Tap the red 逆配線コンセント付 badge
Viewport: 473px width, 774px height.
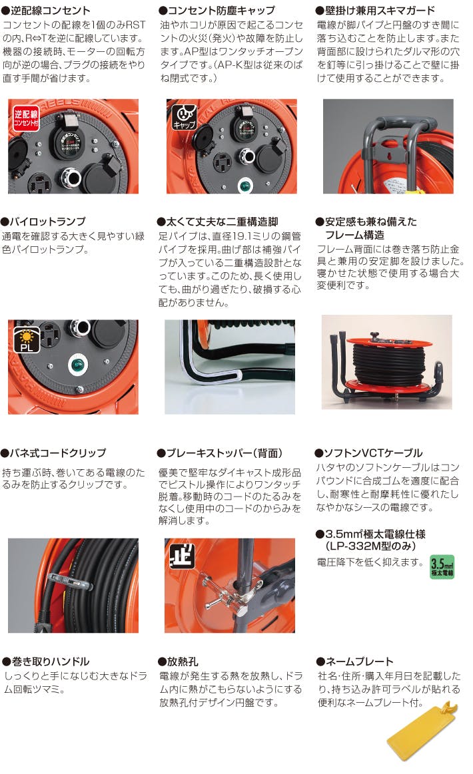coord(26,118)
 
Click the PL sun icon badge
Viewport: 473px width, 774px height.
coord(27,340)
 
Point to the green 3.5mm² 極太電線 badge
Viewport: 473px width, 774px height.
coord(442,566)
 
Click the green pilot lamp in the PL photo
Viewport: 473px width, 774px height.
coord(77,365)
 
